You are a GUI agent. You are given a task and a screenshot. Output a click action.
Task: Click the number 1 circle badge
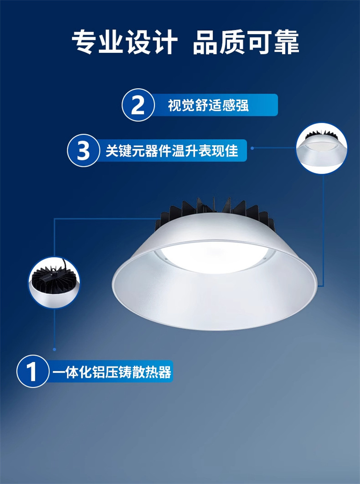tap(33, 372)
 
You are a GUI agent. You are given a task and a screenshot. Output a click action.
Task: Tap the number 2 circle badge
tap(138, 105)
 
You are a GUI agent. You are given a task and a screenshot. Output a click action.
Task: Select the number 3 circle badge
tap(83, 151)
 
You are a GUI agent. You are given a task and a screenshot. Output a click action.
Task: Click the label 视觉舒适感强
tap(208, 105)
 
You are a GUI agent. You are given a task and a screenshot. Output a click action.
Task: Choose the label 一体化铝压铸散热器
tap(111, 372)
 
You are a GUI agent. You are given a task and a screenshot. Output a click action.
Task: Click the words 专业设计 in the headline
tap(125, 42)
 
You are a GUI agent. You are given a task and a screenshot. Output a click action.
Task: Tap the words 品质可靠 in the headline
tap(246, 42)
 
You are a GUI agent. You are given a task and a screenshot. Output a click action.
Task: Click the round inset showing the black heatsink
tap(54, 283)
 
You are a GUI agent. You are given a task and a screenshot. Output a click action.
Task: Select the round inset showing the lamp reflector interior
tap(322, 148)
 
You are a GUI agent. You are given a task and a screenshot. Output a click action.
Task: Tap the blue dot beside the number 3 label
tap(252, 148)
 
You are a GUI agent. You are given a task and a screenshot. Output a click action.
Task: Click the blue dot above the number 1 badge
tap(55, 349)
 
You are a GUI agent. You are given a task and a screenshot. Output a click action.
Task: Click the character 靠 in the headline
tap(287, 42)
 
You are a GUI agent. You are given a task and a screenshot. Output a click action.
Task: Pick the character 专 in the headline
tap(84, 42)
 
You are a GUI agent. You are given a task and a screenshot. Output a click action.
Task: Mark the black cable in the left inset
tap(64, 265)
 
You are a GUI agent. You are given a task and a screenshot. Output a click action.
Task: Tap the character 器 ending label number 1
tap(164, 372)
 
